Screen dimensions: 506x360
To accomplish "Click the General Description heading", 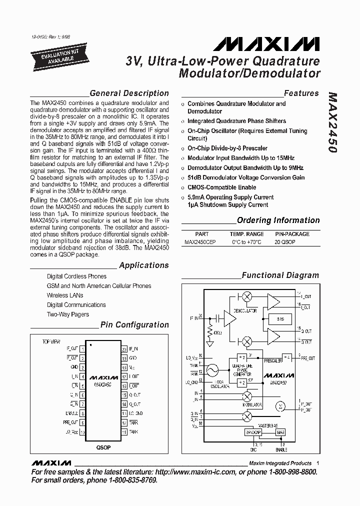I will click(129, 93).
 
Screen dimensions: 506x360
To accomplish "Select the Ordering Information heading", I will click(278, 220).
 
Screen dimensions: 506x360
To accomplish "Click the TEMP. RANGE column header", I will click(246, 234).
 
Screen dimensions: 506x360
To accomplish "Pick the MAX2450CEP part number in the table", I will click(200, 242).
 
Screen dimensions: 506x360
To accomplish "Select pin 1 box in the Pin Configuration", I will click(82, 348).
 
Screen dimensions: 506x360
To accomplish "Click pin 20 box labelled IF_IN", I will click(124, 348).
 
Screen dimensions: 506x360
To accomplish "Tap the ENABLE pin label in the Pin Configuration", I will click(71, 413).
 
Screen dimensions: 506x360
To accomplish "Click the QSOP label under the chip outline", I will click(103, 447).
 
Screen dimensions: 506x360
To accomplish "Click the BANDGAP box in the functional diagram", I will click(254, 431).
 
